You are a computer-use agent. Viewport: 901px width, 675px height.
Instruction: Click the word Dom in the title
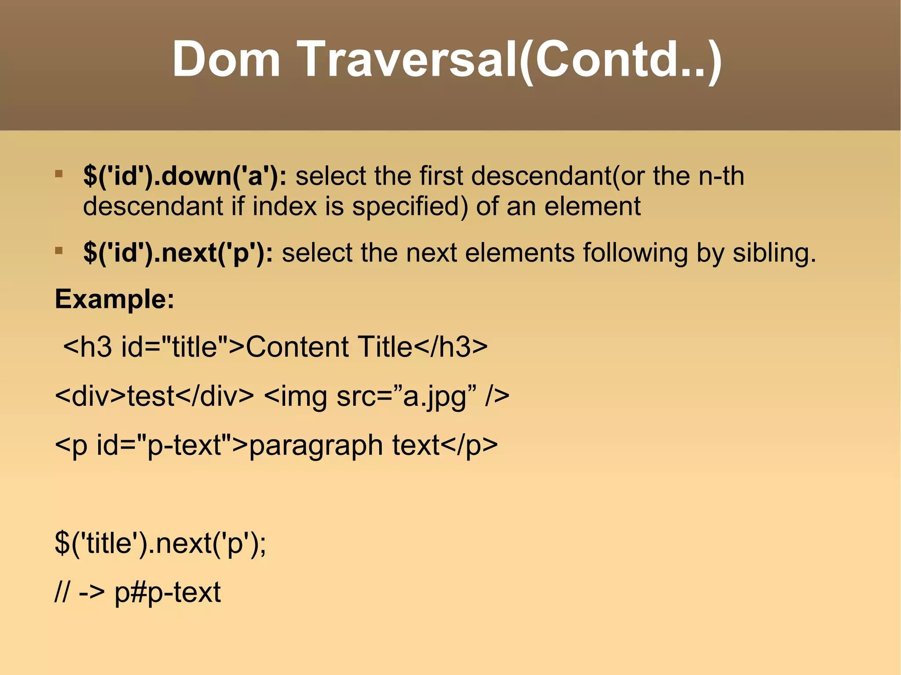tap(226, 59)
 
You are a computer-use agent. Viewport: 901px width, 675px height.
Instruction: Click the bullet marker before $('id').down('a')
tap(59, 174)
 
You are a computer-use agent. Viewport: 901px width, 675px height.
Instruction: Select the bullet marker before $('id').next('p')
tap(59, 251)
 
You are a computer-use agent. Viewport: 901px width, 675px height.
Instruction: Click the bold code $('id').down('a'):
tap(185, 176)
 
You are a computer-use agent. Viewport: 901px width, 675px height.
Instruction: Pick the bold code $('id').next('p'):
tap(178, 253)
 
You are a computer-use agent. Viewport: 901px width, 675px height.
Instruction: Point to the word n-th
tap(721, 176)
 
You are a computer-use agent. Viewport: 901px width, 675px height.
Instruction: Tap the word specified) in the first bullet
tap(410, 206)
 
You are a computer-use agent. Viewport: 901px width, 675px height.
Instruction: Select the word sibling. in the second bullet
tap(774, 253)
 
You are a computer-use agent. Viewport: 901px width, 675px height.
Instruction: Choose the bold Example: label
tap(114, 299)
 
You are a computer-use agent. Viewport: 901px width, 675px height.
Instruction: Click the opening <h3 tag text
tap(88, 347)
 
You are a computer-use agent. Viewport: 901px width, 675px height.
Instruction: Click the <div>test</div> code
tap(154, 396)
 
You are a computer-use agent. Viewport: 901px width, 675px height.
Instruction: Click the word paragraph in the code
tap(316, 445)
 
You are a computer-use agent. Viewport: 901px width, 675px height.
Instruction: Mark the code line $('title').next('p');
tap(160, 543)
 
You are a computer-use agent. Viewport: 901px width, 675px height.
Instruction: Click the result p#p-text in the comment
tap(167, 592)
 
